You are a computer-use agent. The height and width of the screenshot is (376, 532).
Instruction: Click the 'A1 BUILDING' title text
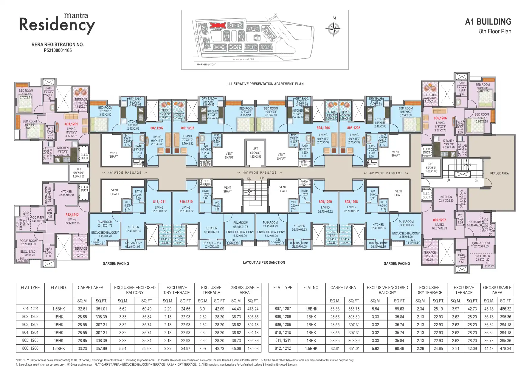pyautogui.click(x=488, y=22)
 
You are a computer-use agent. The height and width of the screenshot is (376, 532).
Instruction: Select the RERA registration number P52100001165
pyautogui.click(x=58, y=50)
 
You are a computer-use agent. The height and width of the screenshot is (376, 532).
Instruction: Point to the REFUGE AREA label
pyautogui.click(x=499, y=173)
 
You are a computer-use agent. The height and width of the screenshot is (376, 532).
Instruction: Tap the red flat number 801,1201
pyautogui.click(x=71, y=124)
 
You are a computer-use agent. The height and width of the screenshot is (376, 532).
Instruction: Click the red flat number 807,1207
pyautogui.click(x=439, y=220)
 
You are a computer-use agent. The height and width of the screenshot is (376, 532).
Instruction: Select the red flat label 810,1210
pyautogui.click(x=186, y=202)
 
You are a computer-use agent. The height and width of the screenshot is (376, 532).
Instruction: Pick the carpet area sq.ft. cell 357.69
pyautogui.click(x=101, y=348)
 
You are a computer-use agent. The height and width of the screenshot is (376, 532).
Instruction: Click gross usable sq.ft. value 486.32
pyautogui.click(x=505, y=309)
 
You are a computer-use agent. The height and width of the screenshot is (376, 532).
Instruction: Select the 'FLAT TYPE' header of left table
pyautogui.click(x=30, y=288)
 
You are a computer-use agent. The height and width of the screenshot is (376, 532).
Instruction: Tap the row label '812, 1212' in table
pyautogui.click(x=283, y=348)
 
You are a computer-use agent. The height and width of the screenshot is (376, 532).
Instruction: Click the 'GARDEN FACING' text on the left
pyautogui.click(x=116, y=263)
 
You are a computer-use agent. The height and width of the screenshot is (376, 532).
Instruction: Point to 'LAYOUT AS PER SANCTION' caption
pyautogui.click(x=264, y=262)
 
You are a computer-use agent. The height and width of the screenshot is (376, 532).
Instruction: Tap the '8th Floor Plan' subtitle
pyautogui.click(x=495, y=31)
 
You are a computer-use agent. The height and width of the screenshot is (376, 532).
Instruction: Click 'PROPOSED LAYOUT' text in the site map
pyautogui.click(x=206, y=64)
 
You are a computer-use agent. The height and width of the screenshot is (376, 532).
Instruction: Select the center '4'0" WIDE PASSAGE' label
pyautogui.click(x=260, y=173)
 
